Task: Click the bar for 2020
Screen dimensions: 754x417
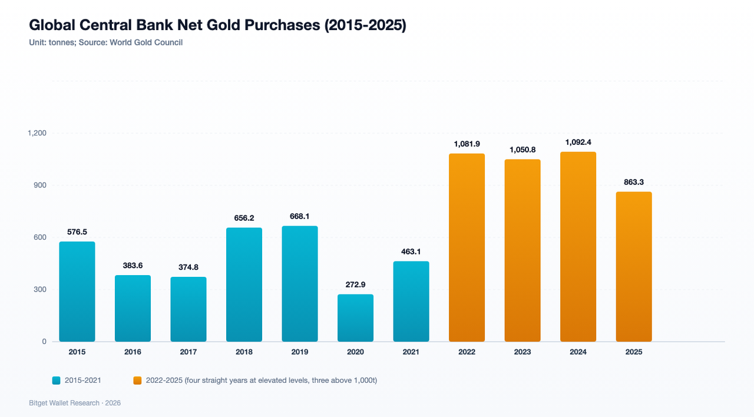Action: point(355,318)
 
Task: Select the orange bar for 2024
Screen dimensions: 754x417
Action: point(578,247)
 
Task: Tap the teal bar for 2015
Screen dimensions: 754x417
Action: point(77,292)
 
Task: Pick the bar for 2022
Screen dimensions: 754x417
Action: point(467,248)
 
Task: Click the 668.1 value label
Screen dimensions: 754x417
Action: point(300,216)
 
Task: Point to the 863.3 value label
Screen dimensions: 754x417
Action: point(634,182)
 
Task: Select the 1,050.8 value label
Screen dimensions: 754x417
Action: point(522,150)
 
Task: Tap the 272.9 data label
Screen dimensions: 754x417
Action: point(355,284)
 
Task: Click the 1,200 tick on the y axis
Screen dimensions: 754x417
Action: point(37,133)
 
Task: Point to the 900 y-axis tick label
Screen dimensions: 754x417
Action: point(40,186)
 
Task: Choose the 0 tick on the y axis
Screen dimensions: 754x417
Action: point(44,342)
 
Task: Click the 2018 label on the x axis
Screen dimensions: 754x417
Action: point(244,352)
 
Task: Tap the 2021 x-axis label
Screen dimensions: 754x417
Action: point(411,352)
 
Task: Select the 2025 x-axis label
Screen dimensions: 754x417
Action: point(634,352)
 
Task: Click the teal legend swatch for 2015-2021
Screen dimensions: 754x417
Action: point(56,380)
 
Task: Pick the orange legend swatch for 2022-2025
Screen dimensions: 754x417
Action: point(137,380)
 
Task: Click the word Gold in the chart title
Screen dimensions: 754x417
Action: point(223,25)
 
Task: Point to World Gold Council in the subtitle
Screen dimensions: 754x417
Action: point(146,43)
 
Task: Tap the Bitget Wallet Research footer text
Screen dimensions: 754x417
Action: point(64,403)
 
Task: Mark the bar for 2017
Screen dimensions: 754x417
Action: point(188,309)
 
